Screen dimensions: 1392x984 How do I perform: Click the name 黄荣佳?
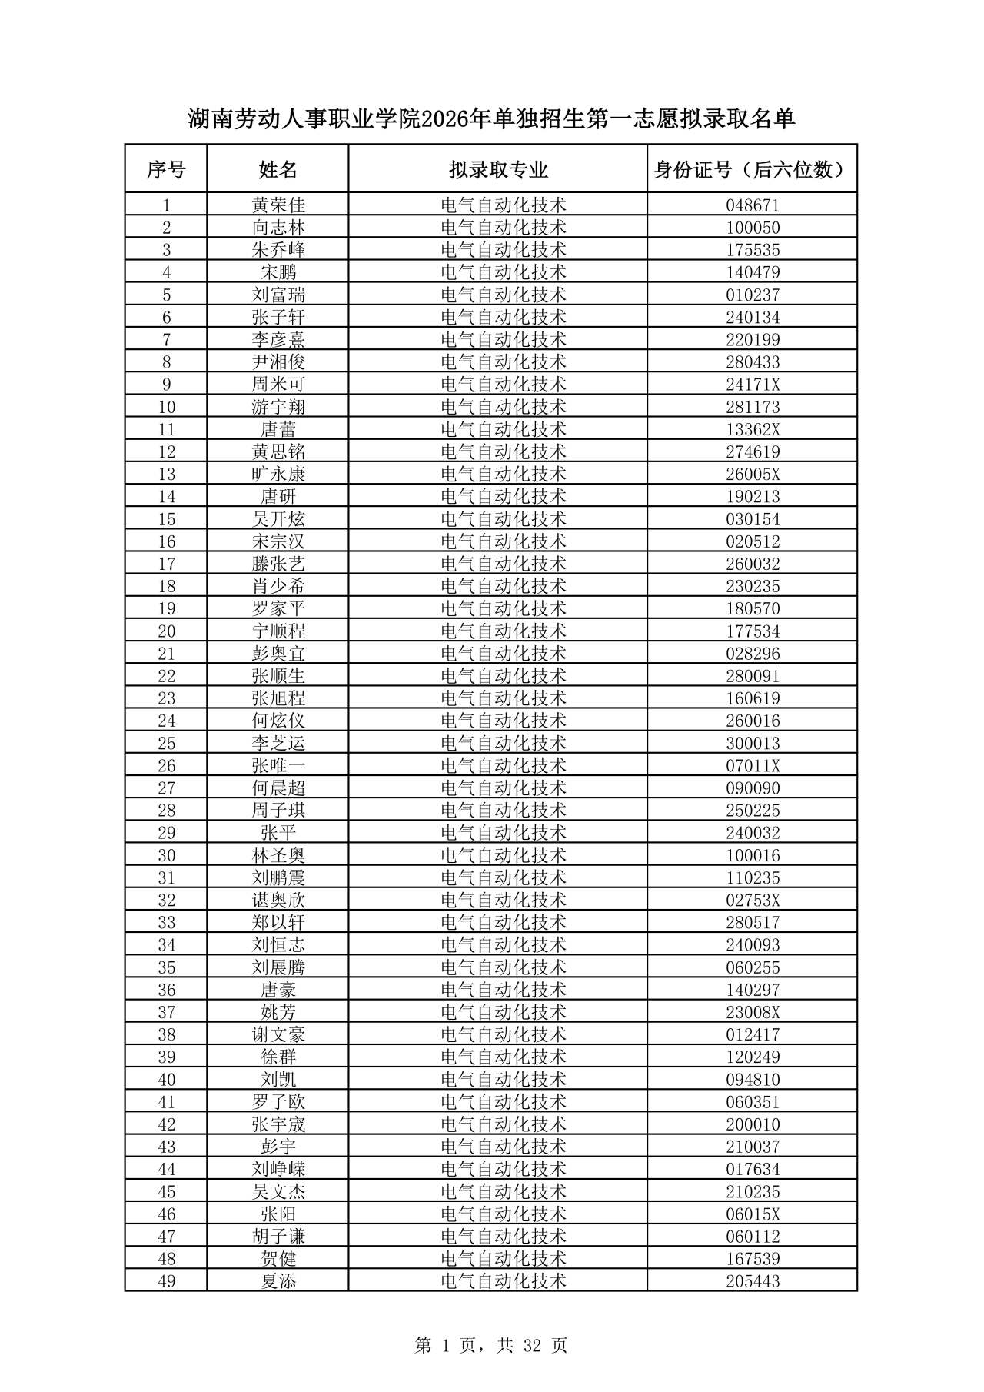pos(278,205)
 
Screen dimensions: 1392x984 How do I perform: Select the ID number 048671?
pos(752,205)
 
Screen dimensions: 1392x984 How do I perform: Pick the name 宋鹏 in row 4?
pos(278,272)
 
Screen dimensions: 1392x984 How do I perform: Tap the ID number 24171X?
pos(752,385)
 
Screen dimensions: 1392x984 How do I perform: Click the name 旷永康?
pos(278,474)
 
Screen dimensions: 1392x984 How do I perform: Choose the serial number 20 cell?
pos(166,631)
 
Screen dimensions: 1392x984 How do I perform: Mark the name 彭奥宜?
pos(278,654)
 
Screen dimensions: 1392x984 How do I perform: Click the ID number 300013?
pos(752,744)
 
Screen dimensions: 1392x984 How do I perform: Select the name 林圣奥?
pos(278,855)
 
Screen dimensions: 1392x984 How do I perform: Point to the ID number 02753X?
pos(752,901)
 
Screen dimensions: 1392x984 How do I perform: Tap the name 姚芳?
pos(278,1012)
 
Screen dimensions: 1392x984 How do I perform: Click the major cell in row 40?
pos(504,1080)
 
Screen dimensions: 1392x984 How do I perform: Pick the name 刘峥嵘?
pos(278,1169)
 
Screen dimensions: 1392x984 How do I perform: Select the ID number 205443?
pos(752,1281)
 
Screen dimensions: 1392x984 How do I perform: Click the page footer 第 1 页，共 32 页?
pos(491,1345)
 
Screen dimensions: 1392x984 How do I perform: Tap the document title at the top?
pos(491,119)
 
